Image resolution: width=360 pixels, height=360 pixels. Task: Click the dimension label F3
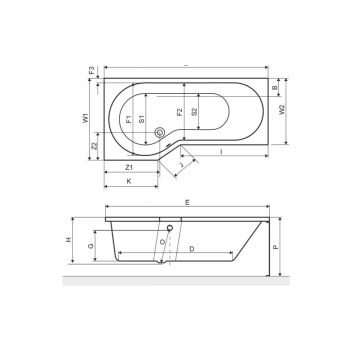tap(93, 71)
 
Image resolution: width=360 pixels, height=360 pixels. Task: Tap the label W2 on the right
tap(283, 108)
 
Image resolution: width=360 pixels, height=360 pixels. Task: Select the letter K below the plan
tap(128, 182)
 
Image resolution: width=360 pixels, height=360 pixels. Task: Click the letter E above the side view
tap(187, 204)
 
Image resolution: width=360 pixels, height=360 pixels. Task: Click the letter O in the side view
tap(162, 243)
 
